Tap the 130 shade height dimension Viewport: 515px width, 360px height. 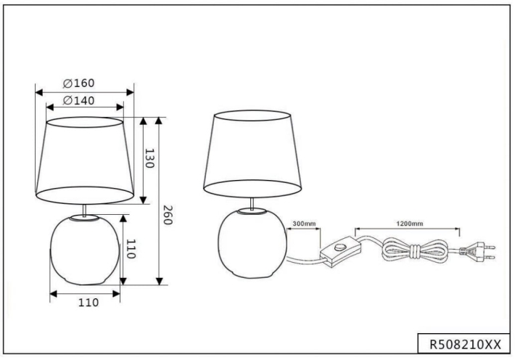149,159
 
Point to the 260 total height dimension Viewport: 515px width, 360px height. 168,216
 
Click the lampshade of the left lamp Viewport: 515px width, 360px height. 85,159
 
